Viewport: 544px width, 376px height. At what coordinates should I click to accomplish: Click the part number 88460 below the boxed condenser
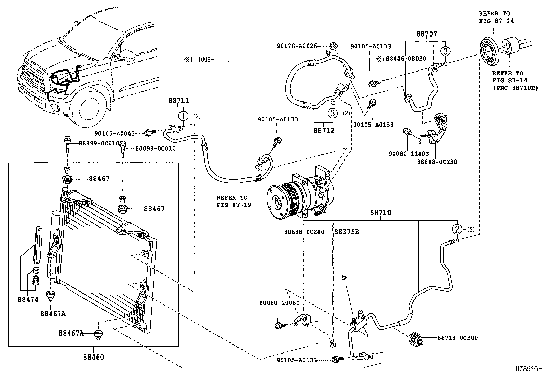point(93,357)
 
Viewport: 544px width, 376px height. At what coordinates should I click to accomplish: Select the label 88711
point(178,101)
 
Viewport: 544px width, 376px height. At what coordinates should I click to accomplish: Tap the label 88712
point(324,131)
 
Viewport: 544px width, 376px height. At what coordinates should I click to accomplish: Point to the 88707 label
point(426,34)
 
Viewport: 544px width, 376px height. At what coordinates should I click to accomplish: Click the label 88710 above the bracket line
point(380,212)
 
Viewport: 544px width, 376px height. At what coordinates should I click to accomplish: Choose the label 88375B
point(346,232)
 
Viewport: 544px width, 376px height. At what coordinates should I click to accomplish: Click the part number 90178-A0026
point(297,46)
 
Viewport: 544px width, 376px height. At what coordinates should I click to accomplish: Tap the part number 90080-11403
point(408,154)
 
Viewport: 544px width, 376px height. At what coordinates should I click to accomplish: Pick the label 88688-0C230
point(437,162)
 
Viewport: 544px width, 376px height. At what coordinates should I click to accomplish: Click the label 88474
point(28,300)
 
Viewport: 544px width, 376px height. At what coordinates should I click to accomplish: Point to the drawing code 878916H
point(529,369)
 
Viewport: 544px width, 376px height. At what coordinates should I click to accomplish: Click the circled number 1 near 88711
point(184,116)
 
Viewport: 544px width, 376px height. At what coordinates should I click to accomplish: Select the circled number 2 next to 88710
point(457,229)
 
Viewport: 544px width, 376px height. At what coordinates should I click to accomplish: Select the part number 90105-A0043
point(114,133)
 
